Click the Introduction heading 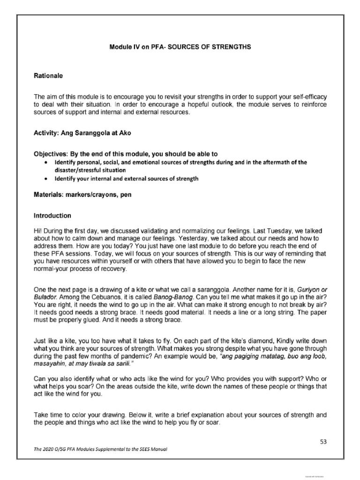click(x=52, y=216)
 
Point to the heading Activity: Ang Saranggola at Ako click(x=82, y=133)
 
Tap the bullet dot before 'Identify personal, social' click(x=45, y=163)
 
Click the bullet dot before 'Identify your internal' click(x=45, y=179)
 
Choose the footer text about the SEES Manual click(x=100, y=449)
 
